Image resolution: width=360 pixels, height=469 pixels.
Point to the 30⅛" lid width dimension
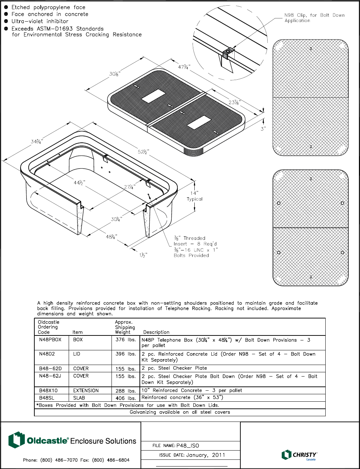pos(115,74)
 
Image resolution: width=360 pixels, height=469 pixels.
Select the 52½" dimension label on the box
pos(143,152)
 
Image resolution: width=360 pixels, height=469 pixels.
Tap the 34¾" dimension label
pos(37,142)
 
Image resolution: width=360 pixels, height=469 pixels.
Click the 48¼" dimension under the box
pos(112,237)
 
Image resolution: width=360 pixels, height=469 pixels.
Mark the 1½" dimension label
pos(143,255)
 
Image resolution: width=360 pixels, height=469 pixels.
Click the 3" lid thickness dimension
pos(263,129)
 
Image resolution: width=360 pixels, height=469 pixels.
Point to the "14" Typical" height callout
pos(195,196)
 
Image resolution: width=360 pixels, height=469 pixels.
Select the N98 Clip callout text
pos(314,18)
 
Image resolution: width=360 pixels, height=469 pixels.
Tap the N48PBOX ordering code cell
pos(50,340)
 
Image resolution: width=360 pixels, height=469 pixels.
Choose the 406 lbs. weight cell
pos(126,398)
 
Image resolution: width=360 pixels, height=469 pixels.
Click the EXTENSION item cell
pos(86,390)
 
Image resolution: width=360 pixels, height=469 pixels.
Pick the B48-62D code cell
pos(50,368)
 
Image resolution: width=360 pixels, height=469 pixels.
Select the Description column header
pos(156,332)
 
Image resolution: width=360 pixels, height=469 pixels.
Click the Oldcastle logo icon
pos(16,440)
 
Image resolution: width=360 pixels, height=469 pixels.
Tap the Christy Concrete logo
pos(299,455)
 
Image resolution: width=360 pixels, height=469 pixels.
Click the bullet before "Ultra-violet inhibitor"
pos(6,21)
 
